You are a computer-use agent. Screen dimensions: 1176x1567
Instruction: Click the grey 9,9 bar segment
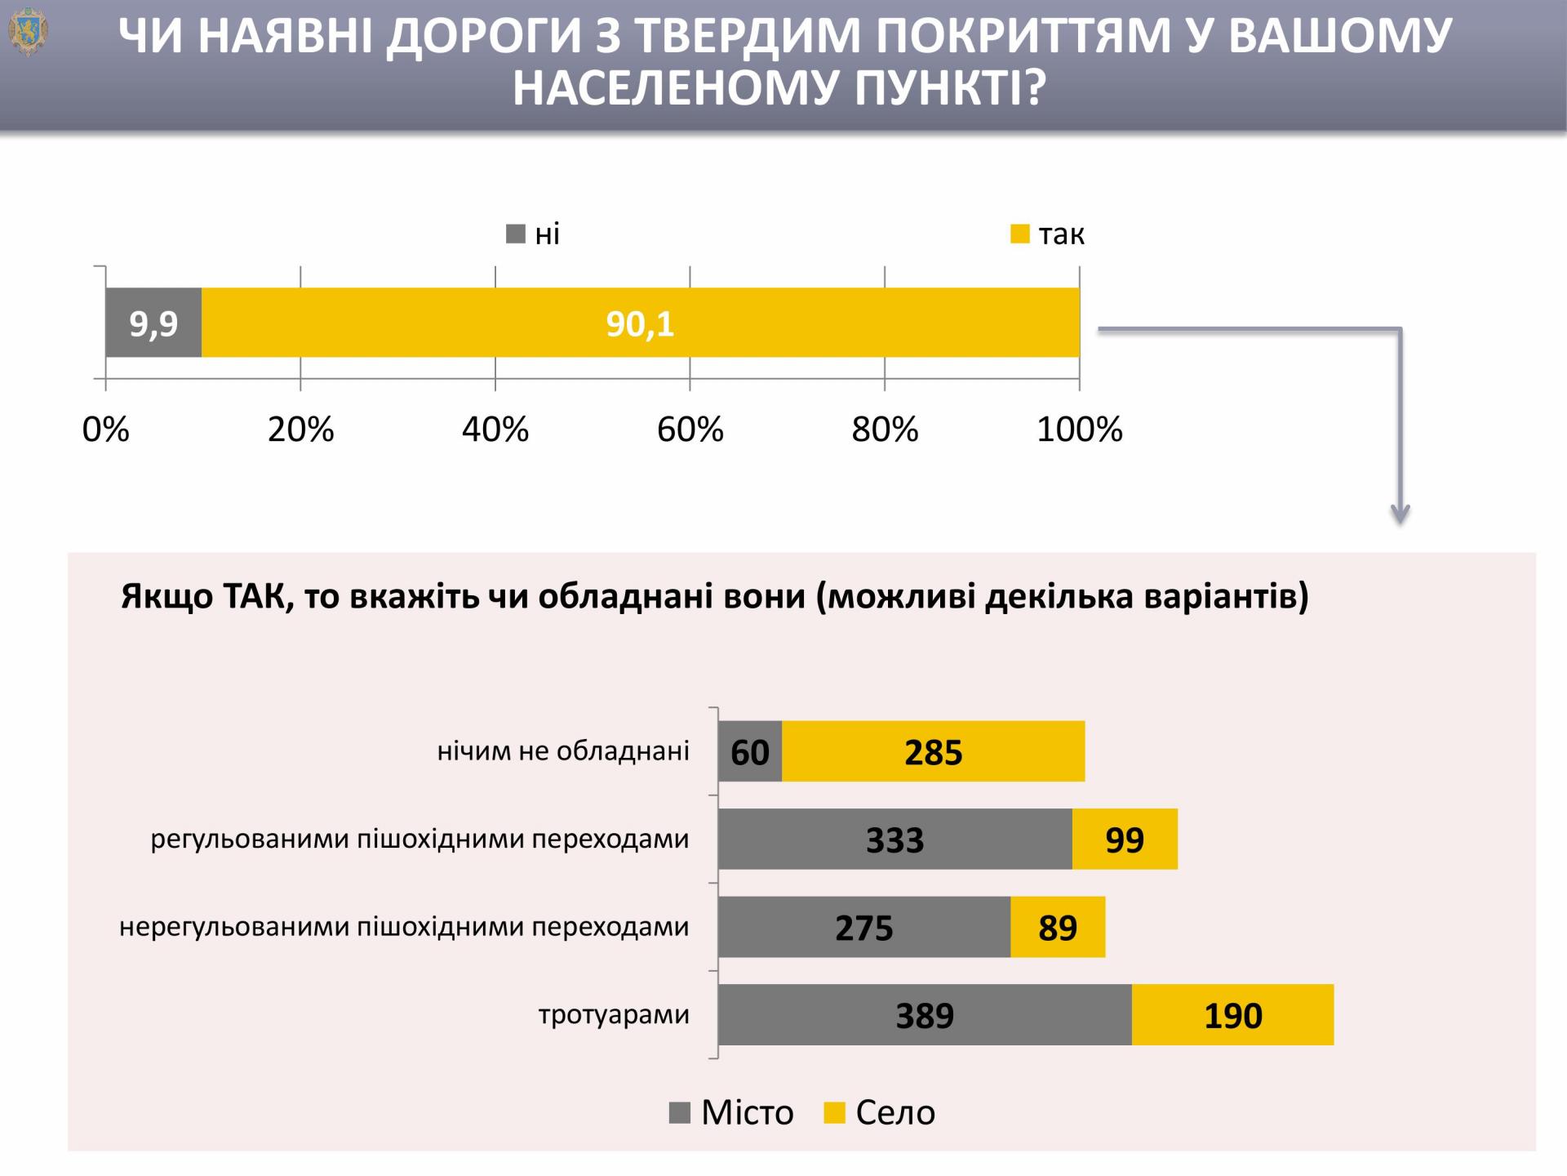point(153,323)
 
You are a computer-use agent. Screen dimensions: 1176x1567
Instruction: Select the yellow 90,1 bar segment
point(640,323)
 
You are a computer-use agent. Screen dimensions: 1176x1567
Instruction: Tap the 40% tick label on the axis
point(495,430)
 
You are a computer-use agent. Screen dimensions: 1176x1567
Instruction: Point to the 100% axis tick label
point(1079,430)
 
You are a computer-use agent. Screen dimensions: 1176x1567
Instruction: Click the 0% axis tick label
point(105,430)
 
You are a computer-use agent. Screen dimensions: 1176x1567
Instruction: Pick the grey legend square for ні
point(516,234)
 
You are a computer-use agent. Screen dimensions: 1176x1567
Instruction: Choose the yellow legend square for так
point(1019,234)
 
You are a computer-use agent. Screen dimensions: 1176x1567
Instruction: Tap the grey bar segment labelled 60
point(749,751)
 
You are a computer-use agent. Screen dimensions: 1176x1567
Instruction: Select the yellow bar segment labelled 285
point(933,751)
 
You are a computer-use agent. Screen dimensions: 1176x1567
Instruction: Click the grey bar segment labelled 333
point(894,840)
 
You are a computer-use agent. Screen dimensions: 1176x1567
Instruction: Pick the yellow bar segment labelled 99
point(1124,840)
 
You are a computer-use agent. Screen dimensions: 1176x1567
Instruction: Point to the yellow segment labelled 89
point(1057,928)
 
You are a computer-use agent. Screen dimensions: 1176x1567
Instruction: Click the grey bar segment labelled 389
point(924,1015)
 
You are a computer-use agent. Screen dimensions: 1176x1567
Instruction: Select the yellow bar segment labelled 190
point(1232,1015)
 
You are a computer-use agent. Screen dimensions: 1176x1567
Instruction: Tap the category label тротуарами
point(614,1015)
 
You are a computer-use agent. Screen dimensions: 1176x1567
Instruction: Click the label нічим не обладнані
point(563,751)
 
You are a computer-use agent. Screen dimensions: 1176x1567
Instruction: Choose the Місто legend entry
point(731,1112)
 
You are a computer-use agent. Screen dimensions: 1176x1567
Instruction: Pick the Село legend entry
point(880,1112)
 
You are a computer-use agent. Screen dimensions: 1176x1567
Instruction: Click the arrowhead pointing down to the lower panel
point(1400,514)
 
